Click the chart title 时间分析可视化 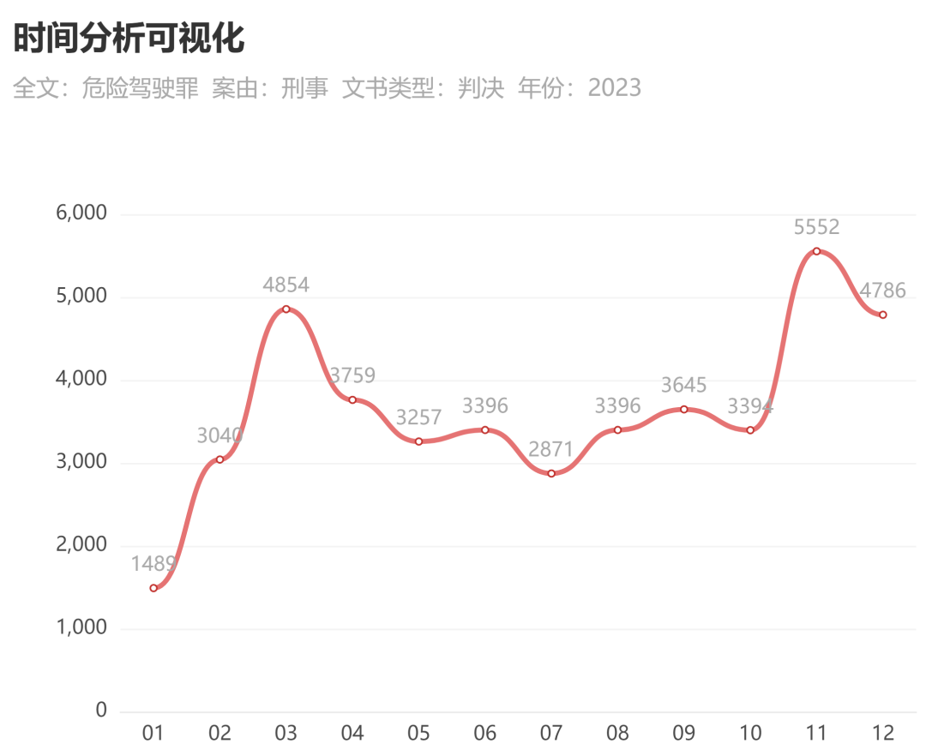click(129, 39)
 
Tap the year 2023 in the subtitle click(614, 88)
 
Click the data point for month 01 click(153, 588)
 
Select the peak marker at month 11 click(817, 251)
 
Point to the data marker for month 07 click(551, 473)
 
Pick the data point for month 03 click(286, 309)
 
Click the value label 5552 click(816, 227)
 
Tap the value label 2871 click(550, 450)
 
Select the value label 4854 click(286, 285)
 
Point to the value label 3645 click(683, 386)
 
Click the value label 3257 click(418, 417)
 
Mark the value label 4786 click(882, 291)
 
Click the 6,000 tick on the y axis click(81, 213)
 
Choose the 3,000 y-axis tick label click(81, 461)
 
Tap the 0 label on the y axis click(101, 710)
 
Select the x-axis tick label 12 click(883, 733)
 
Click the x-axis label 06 click(484, 733)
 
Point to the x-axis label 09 click(684, 733)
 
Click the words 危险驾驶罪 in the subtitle click(140, 88)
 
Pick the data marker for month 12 click(883, 315)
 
